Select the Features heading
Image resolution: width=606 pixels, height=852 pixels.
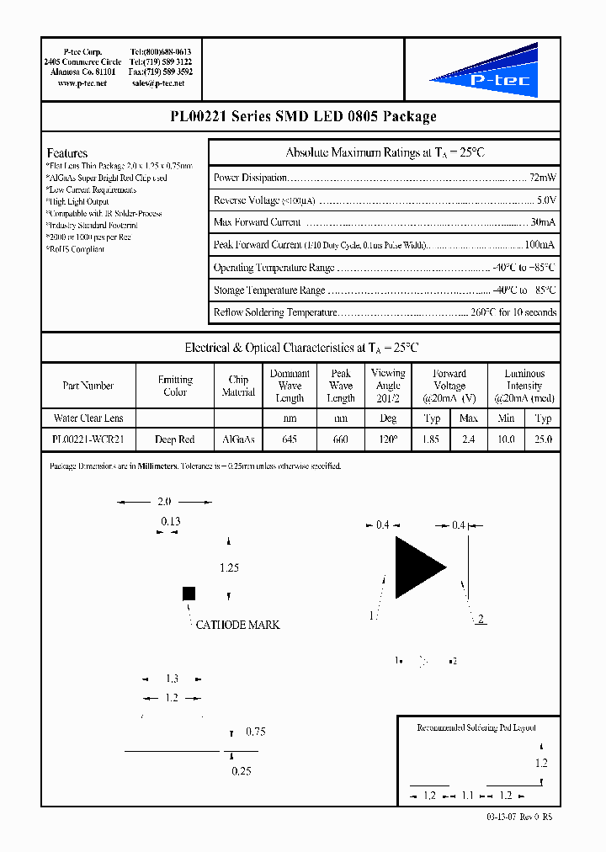(67, 153)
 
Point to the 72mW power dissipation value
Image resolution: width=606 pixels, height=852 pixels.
(542, 178)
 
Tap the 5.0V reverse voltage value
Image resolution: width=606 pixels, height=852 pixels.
(546, 200)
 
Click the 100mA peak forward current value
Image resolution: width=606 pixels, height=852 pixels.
(540, 245)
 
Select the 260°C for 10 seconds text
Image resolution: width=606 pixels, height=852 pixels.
(513, 312)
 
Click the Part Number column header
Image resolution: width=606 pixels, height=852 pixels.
(88, 386)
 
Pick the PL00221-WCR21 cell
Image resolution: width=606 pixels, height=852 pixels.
(88, 439)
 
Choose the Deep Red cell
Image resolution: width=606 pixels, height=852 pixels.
(175, 439)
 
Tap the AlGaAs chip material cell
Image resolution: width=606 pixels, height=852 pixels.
(238, 439)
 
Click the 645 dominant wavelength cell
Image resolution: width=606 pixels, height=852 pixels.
(290, 439)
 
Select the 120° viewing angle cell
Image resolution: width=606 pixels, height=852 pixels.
(388, 439)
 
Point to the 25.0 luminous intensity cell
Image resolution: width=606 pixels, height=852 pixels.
(544, 439)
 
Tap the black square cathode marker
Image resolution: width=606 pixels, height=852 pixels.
(189, 594)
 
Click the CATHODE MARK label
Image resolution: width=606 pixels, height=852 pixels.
(237, 625)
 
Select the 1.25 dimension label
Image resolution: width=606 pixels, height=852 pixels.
(229, 568)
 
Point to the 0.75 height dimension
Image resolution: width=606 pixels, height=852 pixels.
(255, 732)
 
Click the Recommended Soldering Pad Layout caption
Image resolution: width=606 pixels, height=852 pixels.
(476, 727)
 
